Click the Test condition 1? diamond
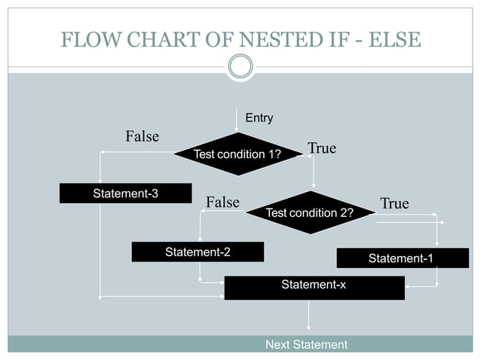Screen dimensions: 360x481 pos(237,154)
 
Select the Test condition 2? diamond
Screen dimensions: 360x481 pos(310,213)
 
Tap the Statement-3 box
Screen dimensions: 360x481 pos(125,194)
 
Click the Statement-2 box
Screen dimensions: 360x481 pos(198,252)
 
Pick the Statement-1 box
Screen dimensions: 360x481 pos(400,258)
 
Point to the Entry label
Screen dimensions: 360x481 pos(259,118)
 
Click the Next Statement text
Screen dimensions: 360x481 pos(306,345)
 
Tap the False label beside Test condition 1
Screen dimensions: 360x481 pos(142,136)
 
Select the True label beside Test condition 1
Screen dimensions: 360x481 pos(322,148)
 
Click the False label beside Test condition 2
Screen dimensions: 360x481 pos(222,202)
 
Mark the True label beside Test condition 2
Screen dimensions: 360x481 pos(394,203)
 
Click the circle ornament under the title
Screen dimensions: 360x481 pos(240,67)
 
